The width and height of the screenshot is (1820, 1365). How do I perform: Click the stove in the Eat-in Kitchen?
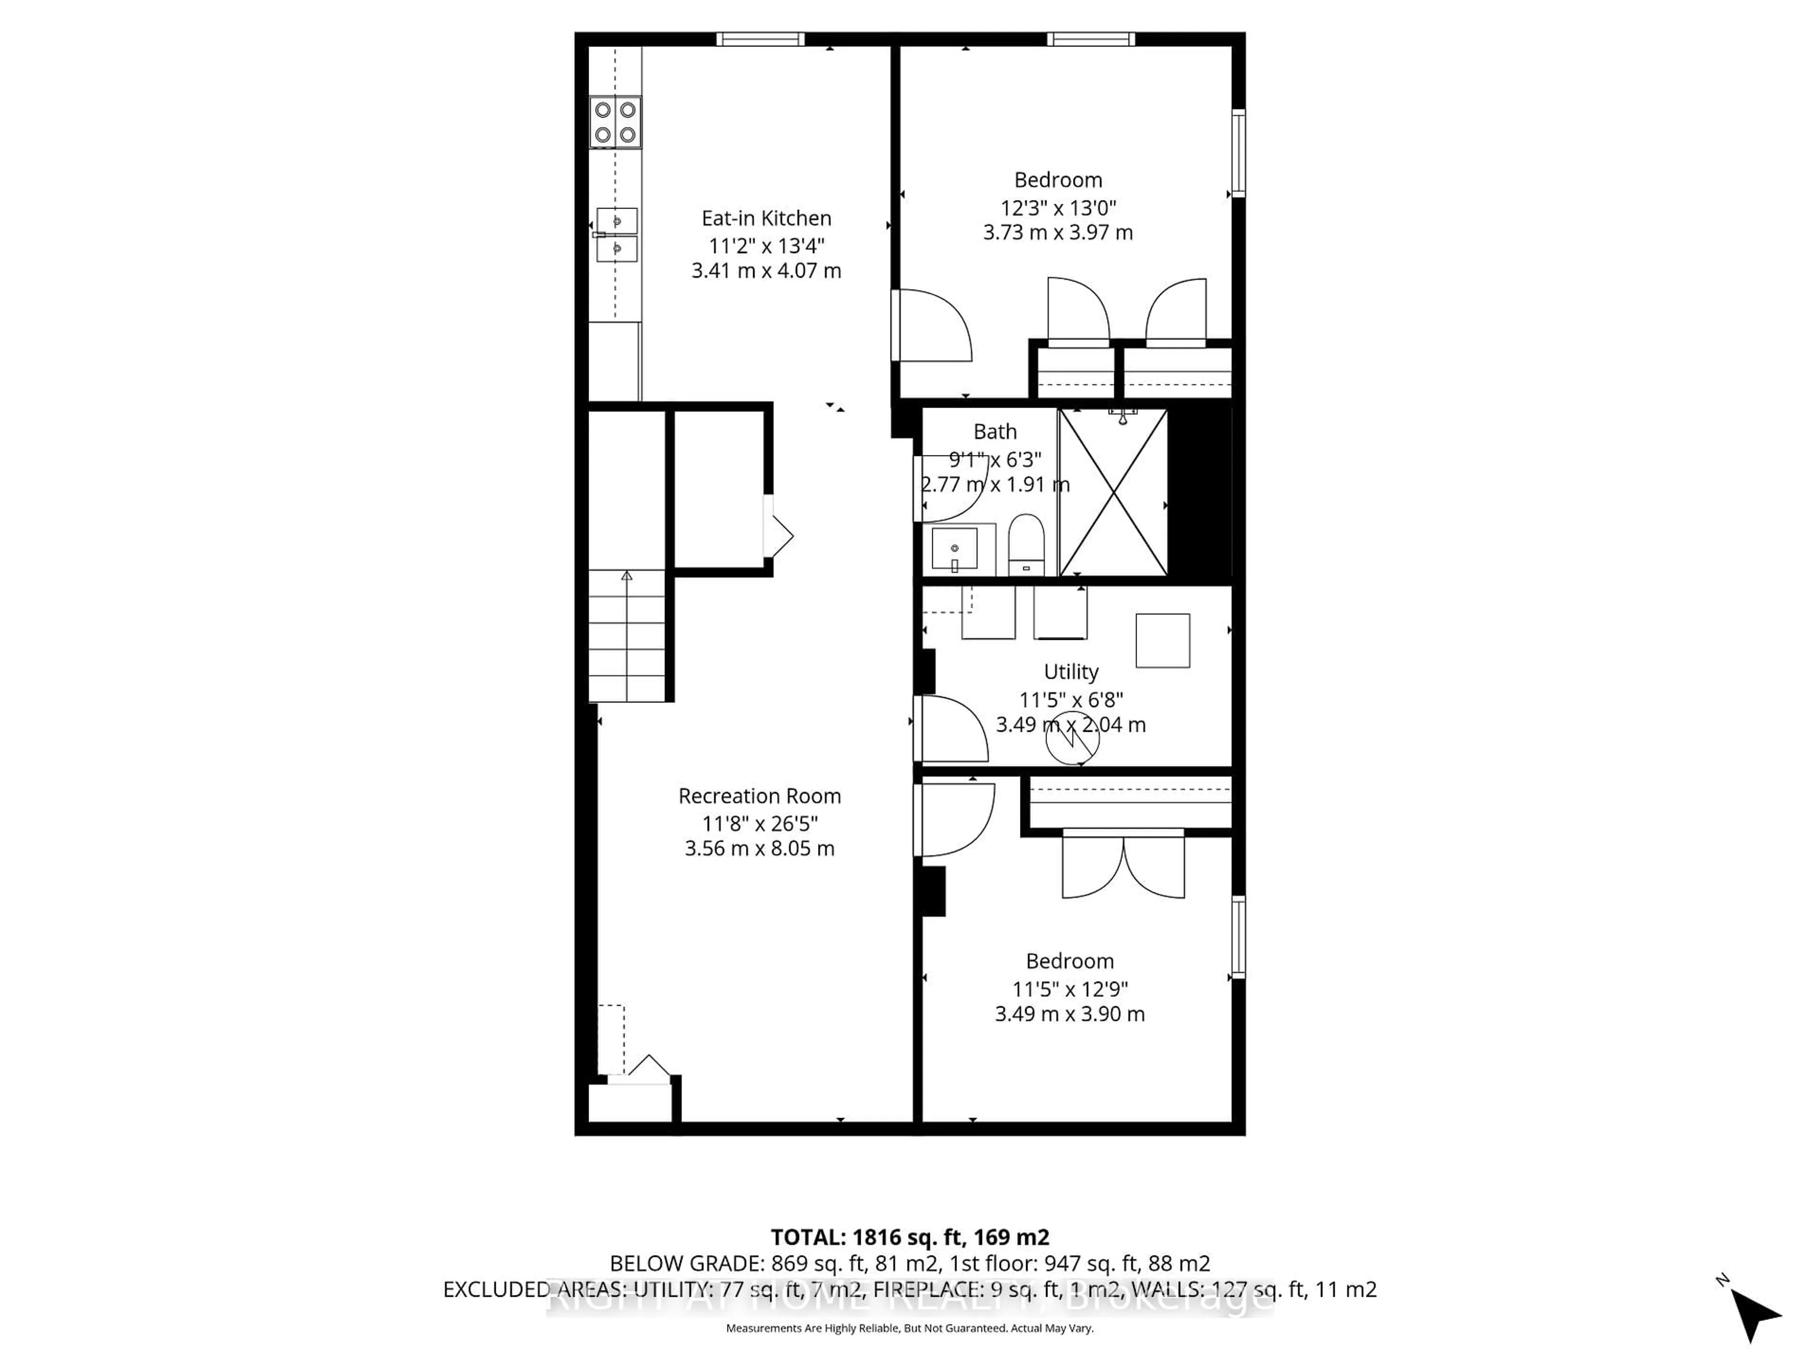pyautogui.click(x=615, y=122)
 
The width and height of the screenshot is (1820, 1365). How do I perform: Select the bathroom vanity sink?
pyautogui.click(x=955, y=549)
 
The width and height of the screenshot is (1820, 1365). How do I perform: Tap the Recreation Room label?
pyautogui.click(x=759, y=796)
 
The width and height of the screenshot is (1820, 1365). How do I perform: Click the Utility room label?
pyautogui.click(x=1071, y=672)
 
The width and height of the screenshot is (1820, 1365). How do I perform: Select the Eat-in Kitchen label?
pyautogui.click(x=766, y=218)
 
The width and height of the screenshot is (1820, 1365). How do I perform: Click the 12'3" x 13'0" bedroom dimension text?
pyautogui.click(x=1058, y=207)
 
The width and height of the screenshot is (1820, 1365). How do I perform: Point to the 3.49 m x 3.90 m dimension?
pyautogui.click(x=1070, y=1014)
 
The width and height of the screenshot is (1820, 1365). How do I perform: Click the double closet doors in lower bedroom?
pyautogui.click(x=1123, y=864)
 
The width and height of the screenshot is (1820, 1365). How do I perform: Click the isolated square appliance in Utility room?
pyautogui.click(x=1163, y=640)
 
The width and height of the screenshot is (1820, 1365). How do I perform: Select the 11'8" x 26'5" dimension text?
pyautogui.click(x=759, y=823)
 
